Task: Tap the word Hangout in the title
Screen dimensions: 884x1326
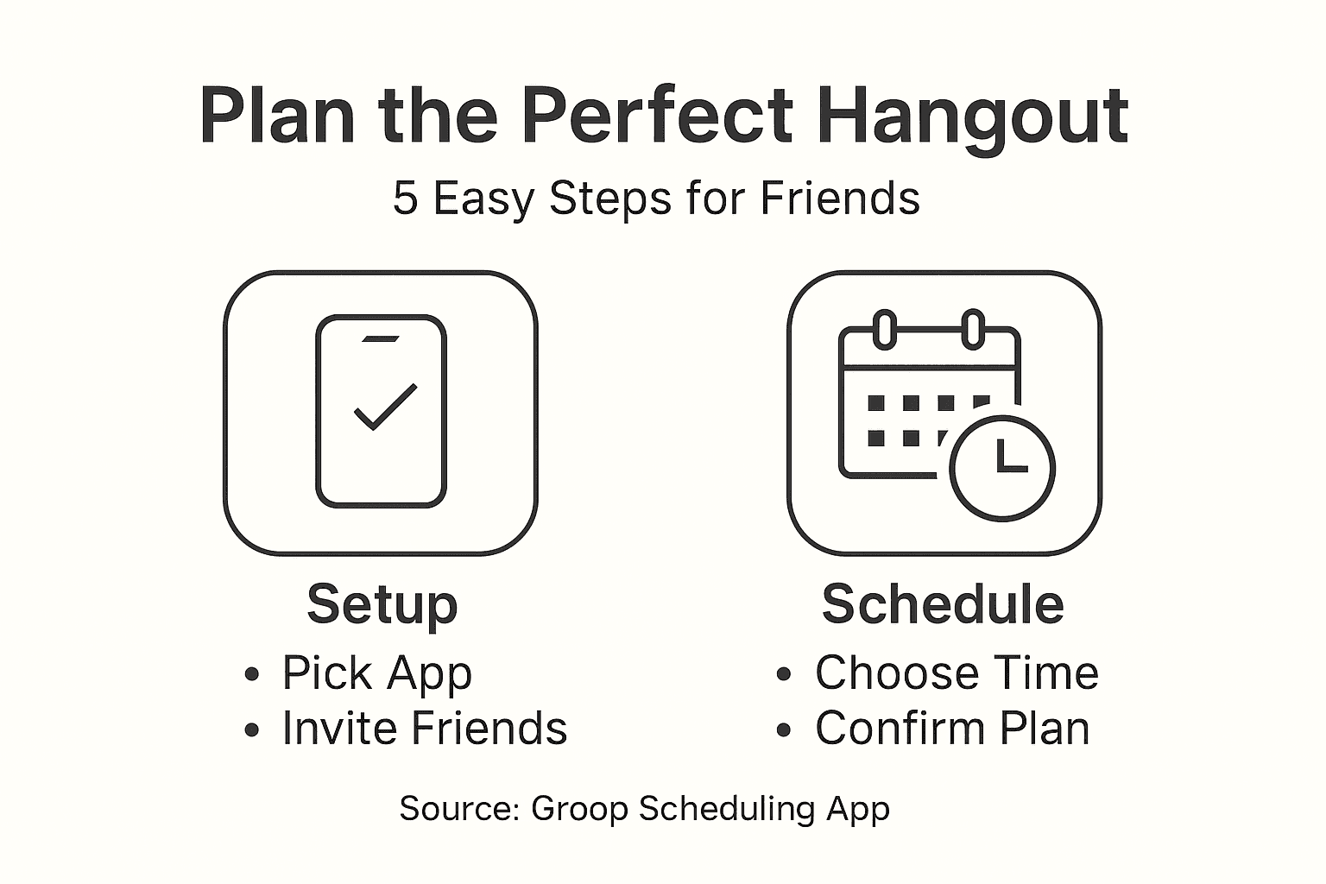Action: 972,117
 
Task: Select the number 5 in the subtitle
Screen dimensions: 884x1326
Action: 405,198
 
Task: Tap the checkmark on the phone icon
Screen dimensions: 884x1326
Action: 385,405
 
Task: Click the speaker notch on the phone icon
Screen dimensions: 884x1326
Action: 381,338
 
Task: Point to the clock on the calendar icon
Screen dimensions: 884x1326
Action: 1002,469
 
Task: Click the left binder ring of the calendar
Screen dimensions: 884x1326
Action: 884,329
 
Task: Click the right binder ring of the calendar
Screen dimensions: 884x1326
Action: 973,329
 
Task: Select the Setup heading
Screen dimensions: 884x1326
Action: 382,604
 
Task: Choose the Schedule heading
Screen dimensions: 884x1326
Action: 942,603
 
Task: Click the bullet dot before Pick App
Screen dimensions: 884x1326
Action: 252,674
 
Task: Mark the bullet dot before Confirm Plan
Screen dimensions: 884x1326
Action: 784,729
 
